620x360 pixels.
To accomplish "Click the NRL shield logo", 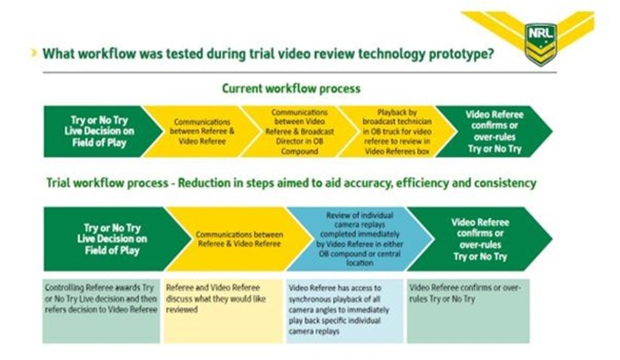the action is click(x=540, y=44).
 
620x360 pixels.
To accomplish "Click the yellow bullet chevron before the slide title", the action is click(x=35, y=53).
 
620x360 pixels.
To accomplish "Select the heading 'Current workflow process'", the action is click(x=291, y=88).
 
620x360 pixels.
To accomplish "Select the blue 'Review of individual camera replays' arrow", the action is click(x=360, y=239).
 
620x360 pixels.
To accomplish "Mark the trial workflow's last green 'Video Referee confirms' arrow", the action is click(x=479, y=239).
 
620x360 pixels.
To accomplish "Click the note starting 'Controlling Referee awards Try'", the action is click(x=101, y=311).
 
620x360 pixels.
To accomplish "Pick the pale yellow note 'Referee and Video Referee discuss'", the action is click(x=224, y=311).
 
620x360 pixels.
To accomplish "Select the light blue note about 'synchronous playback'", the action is click(x=345, y=311).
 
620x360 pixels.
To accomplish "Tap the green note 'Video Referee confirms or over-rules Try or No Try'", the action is click(x=468, y=311).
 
